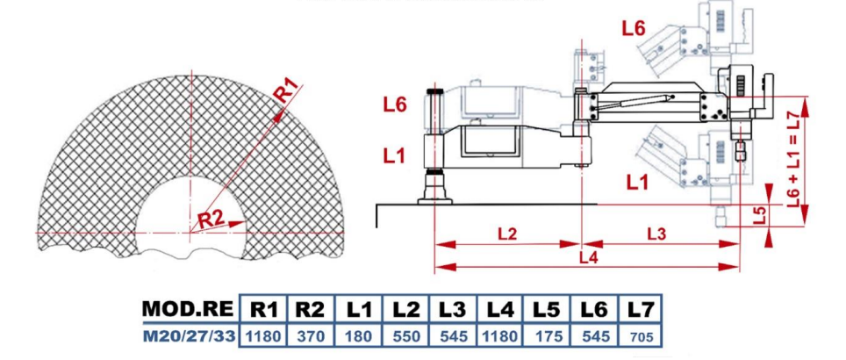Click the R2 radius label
point(210,220)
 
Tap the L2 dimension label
point(507,234)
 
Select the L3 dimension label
point(656,234)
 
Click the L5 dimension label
point(760,216)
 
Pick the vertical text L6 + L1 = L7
point(792,161)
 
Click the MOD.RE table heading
point(189,309)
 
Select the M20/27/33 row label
point(190,337)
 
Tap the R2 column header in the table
point(312,310)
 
